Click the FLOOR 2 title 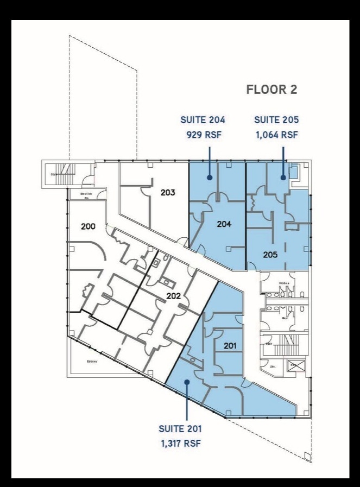click(271, 90)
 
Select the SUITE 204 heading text click(203, 120)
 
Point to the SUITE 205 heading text click(276, 120)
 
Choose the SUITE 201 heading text click(180, 429)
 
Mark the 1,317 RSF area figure click(180, 444)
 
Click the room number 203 click(168, 192)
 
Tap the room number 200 click(88, 226)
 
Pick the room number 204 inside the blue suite click(225, 223)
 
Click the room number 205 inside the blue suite click(270, 254)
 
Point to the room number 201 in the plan click(230, 345)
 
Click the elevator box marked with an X click(295, 365)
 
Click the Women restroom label click(283, 283)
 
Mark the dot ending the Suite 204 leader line click(209, 177)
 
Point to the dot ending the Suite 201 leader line click(186, 382)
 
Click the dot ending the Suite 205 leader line click(283, 177)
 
